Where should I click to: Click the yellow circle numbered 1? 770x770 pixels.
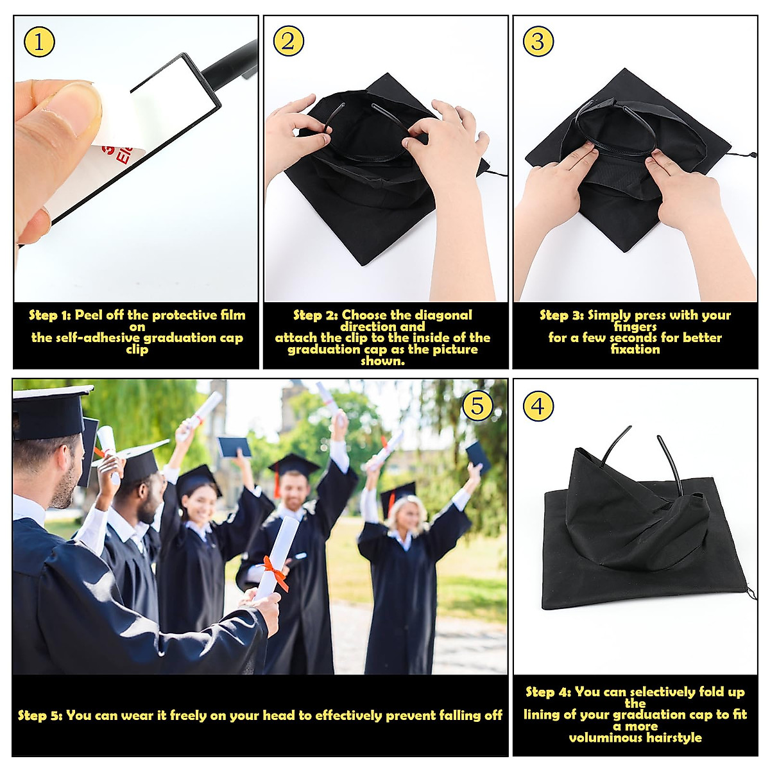point(39,42)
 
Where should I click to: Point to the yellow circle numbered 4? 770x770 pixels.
point(538,406)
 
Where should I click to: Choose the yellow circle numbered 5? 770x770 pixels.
point(477,406)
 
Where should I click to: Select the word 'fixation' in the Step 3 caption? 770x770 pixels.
point(635,350)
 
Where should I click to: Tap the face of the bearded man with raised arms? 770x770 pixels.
point(293,490)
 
